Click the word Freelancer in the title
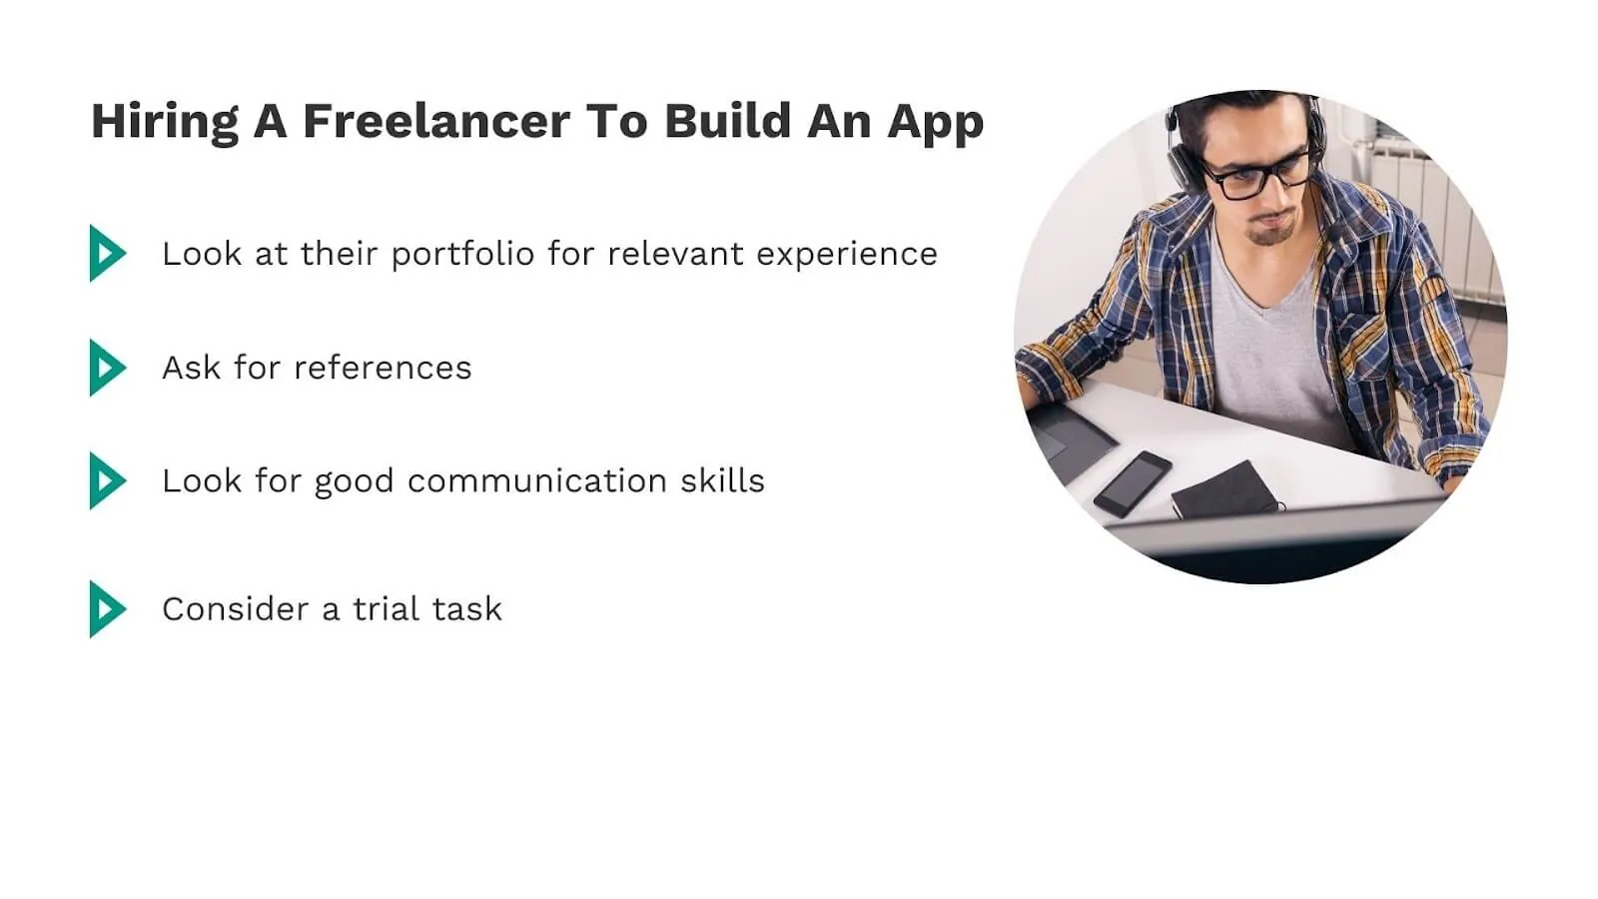click(x=435, y=121)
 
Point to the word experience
click(x=846, y=255)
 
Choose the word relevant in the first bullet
click(x=675, y=254)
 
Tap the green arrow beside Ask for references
click(x=107, y=368)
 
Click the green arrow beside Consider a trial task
click(x=107, y=609)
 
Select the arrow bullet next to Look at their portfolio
click(x=107, y=254)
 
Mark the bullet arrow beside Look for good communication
click(x=107, y=480)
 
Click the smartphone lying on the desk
click(x=1132, y=483)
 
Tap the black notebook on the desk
click(x=1224, y=489)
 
